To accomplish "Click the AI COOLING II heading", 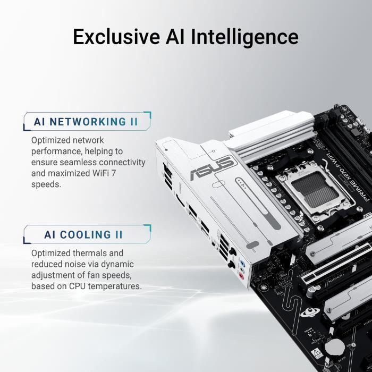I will [84, 234].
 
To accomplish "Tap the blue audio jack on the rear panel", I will [242, 263].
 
